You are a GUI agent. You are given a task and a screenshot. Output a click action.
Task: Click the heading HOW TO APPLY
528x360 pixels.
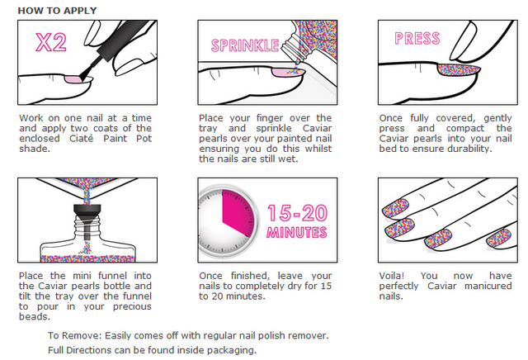tap(57, 11)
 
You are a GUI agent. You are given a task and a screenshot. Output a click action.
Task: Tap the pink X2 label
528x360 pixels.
tap(51, 42)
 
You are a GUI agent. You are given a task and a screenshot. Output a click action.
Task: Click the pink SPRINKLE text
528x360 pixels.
tap(245, 45)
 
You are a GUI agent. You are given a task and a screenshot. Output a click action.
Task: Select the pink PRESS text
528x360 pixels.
tap(417, 39)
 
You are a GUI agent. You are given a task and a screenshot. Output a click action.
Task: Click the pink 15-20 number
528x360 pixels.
tap(297, 213)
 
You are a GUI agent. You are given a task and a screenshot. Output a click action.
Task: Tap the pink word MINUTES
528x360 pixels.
tap(297, 232)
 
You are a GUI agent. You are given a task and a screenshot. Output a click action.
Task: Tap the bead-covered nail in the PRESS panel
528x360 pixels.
tap(459, 70)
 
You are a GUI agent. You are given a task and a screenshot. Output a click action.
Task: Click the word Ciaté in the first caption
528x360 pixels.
tap(81, 139)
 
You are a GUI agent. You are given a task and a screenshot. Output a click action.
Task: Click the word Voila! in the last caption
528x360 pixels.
tap(392, 276)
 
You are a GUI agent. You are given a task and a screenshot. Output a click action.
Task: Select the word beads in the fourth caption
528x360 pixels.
tap(35, 317)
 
